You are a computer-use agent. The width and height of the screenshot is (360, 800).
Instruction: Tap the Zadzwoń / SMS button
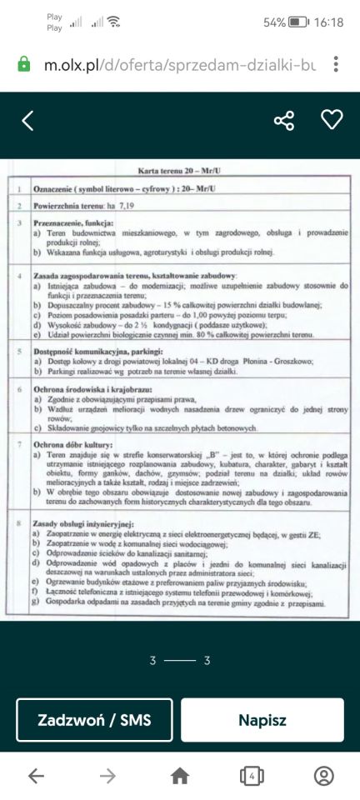[x=94, y=720]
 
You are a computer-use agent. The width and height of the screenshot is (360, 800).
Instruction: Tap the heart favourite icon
[x=332, y=120]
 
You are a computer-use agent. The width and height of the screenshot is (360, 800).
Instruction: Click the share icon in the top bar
[x=284, y=121]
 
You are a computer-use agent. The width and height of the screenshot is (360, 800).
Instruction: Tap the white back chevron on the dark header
[x=27, y=121]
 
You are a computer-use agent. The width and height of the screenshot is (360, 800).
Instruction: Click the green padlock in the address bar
[x=24, y=64]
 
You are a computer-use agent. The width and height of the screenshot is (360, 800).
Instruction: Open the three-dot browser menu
[x=335, y=64]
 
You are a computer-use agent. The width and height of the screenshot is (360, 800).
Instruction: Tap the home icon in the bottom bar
[x=180, y=776]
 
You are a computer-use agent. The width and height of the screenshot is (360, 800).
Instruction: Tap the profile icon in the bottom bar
[x=323, y=776]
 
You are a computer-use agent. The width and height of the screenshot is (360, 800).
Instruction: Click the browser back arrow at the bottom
[x=36, y=776]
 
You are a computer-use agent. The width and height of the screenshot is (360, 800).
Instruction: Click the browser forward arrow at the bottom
[x=107, y=776]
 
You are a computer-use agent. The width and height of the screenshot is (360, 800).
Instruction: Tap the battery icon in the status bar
[x=298, y=22]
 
